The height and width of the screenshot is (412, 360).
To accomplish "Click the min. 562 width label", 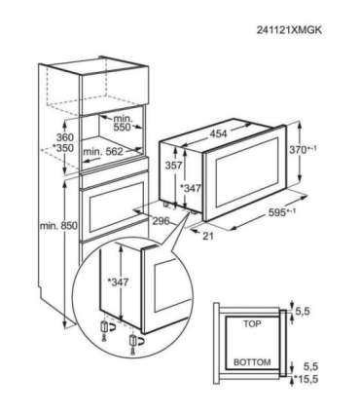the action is point(105,151).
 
